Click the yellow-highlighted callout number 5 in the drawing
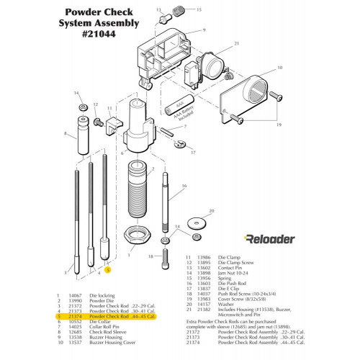[107, 271]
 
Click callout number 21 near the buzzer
[236, 44]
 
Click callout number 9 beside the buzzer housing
[204, 30]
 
